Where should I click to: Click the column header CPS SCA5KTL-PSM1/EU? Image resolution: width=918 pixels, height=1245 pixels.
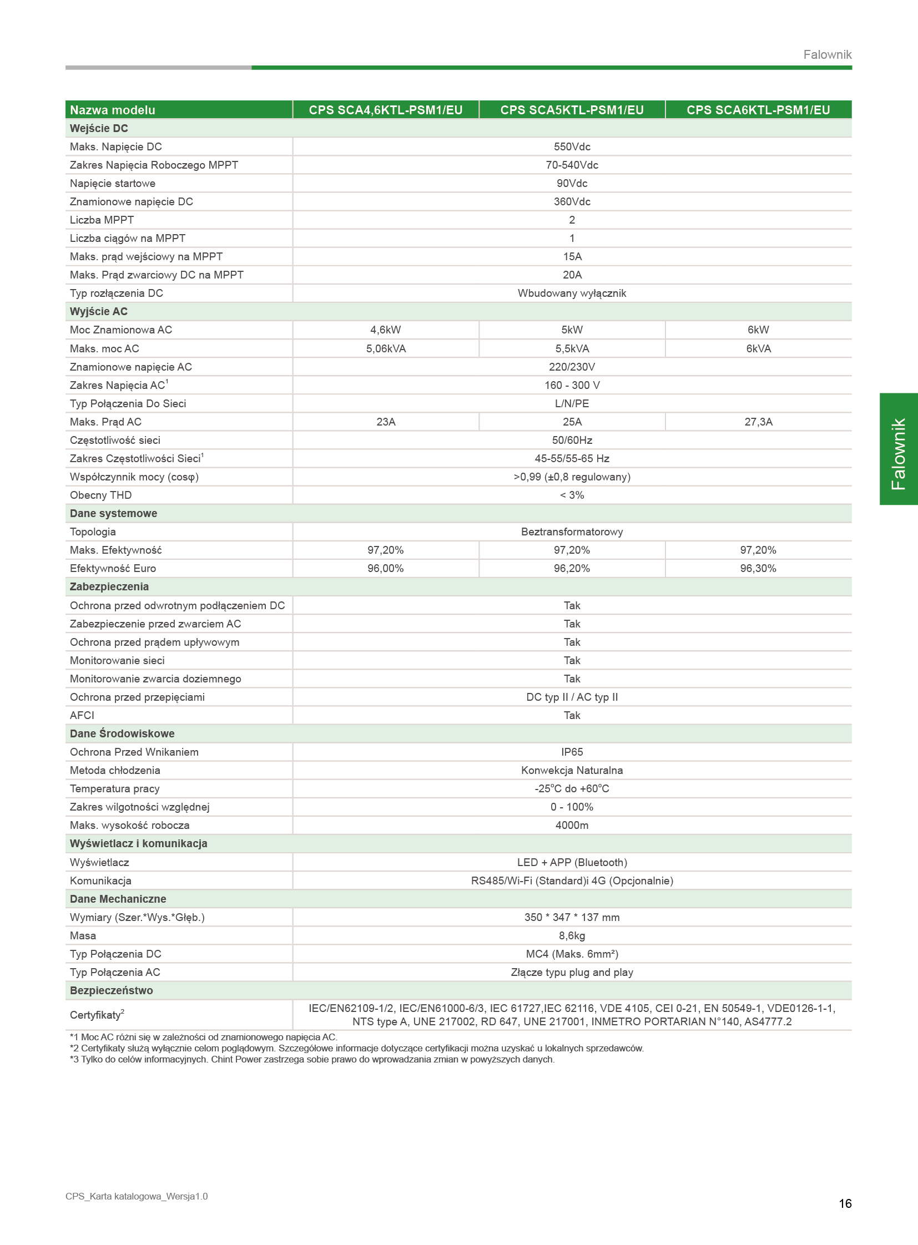point(572,110)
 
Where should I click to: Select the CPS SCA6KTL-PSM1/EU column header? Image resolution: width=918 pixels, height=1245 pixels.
point(758,110)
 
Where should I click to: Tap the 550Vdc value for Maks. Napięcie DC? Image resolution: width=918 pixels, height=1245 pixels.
point(572,146)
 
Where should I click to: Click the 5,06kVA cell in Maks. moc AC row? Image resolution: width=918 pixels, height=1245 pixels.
point(386,348)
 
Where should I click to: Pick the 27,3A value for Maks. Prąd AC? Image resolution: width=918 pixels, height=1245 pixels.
point(758,422)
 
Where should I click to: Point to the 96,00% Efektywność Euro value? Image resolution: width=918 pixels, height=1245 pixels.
point(385,568)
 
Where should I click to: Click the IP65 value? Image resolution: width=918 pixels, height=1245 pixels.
point(572,752)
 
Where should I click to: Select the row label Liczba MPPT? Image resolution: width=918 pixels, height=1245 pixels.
point(102,220)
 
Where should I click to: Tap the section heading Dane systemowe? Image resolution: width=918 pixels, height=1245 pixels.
point(113,513)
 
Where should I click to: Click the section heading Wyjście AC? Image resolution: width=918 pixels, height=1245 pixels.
point(98,312)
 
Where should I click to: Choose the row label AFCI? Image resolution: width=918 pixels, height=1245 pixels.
point(82,715)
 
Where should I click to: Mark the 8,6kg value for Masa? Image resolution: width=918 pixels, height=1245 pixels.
point(572,935)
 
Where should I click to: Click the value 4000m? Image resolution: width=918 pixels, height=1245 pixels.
point(572,825)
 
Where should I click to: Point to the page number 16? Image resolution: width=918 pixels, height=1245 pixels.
point(845,1203)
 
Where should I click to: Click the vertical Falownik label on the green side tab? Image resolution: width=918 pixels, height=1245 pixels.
point(898,454)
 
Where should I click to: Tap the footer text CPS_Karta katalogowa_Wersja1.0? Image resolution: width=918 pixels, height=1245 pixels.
point(137,1196)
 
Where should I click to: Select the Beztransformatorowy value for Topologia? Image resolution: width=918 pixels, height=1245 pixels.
point(572,532)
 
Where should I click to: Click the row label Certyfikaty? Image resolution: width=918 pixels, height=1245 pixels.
point(96,1015)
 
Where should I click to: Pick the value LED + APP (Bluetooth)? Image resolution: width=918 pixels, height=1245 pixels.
point(572,862)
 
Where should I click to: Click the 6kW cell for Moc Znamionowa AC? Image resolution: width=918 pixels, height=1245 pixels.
point(758,330)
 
